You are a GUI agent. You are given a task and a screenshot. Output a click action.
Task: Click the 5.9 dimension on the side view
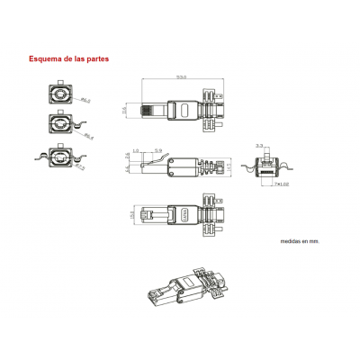coord(157,149)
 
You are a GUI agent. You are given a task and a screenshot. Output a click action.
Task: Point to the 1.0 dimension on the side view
coord(136,149)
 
